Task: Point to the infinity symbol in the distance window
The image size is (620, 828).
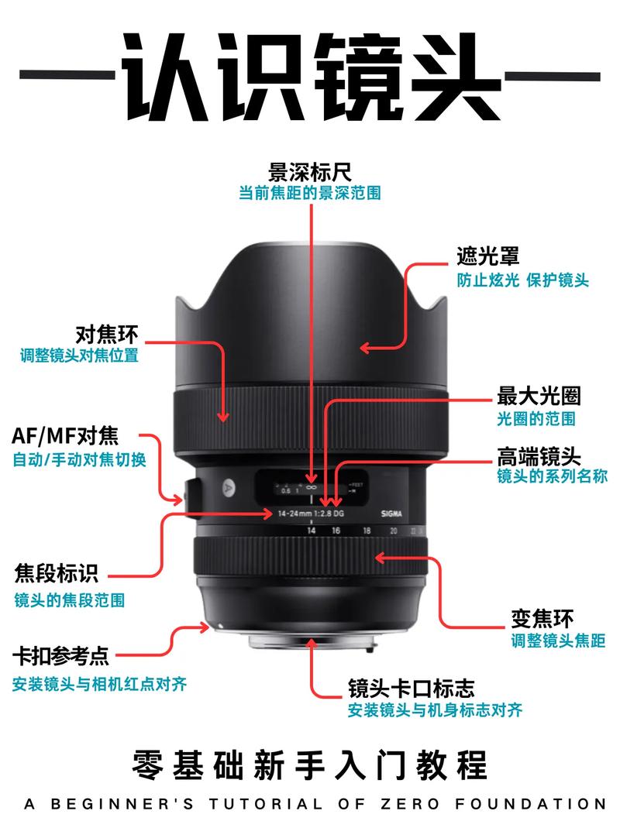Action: point(311,487)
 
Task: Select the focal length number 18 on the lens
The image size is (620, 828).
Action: point(367,531)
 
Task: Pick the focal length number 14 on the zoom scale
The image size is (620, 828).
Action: point(311,531)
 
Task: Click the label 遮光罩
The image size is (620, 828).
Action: point(487,256)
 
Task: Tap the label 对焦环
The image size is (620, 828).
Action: point(106,335)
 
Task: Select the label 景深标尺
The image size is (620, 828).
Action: point(309,171)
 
